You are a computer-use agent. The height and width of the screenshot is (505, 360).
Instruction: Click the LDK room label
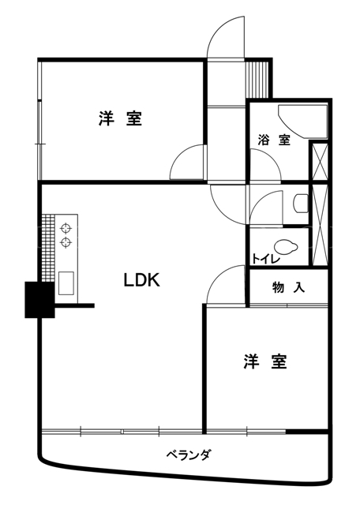(142, 280)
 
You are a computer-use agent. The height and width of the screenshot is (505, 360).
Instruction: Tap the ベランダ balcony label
(189, 454)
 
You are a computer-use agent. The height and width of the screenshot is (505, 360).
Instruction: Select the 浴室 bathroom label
(274, 140)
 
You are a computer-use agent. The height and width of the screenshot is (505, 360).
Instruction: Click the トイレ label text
(266, 259)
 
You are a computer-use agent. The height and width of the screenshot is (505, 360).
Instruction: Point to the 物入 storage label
(289, 287)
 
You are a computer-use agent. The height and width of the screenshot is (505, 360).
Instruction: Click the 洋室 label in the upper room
(120, 118)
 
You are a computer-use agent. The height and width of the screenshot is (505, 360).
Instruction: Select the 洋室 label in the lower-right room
(265, 361)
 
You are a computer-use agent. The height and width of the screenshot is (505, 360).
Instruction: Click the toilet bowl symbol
(285, 247)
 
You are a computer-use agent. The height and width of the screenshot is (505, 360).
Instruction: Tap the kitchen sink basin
(66, 282)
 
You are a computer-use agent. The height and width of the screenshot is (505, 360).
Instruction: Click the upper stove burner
(66, 228)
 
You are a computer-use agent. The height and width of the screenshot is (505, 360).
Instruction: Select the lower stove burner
(66, 242)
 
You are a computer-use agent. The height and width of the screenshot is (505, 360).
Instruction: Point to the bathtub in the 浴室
(303, 122)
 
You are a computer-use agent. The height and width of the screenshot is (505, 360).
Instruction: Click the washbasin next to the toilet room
(301, 203)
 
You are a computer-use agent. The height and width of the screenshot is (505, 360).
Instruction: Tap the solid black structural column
(39, 300)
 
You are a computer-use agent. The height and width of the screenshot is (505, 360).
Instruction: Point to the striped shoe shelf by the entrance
(257, 79)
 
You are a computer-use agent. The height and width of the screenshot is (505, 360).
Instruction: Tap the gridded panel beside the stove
(48, 248)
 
